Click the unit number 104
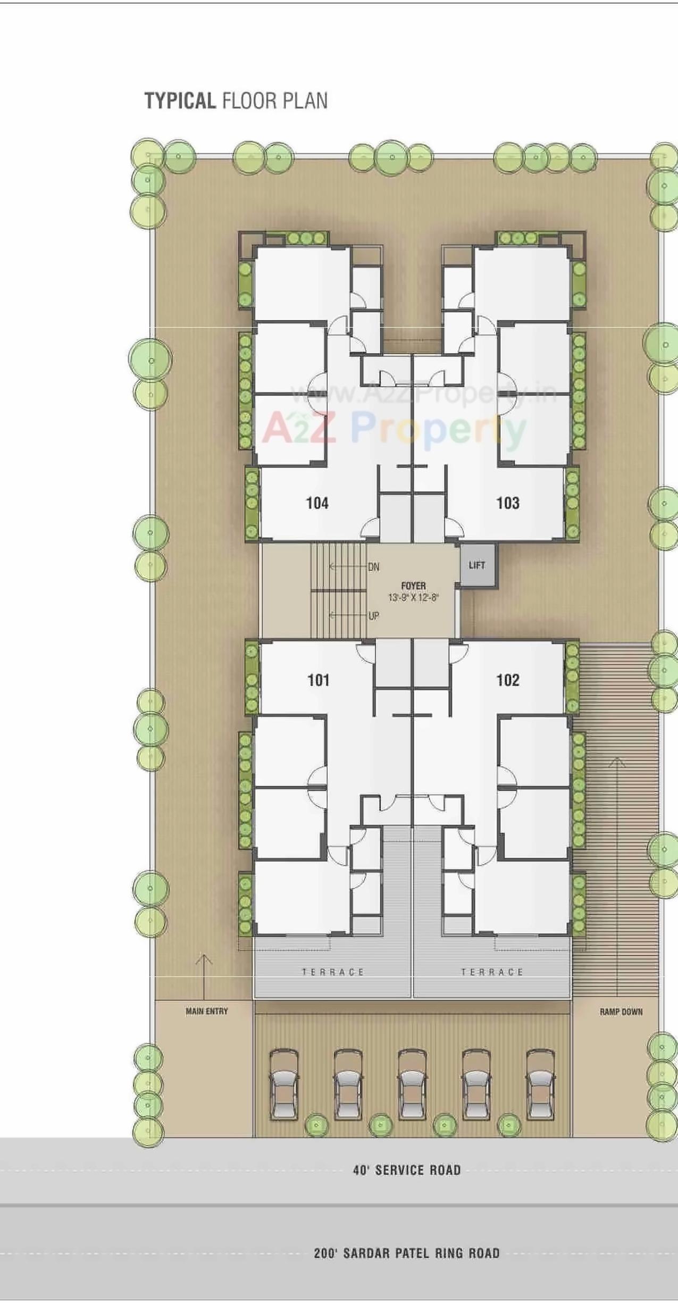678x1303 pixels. pyautogui.click(x=317, y=503)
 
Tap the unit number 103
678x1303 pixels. pyautogui.click(x=508, y=503)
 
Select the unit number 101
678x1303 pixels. pyautogui.click(x=319, y=680)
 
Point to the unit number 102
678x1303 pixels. pyautogui.click(x=508, y=680)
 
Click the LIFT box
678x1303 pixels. pyautogui.click(x=477, y=565)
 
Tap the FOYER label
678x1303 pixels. pyautogui.click(x=413, y=586)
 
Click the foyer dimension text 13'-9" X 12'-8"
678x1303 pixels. pyautogui.click(x=413, y=597)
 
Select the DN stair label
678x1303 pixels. pyautogui.click(x=374, y=567)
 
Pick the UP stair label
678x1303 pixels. pyautogui.click(x=374, y=616)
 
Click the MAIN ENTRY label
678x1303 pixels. pyautogui.click(x=207, y=1011)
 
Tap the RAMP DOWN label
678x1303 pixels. pyautogui.click(x=621, y=1012)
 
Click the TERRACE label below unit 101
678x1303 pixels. pyautogui.click(x=333, y=972)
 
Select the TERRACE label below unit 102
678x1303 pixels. pyautogui.click(x=492, y=972)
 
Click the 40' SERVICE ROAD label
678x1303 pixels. pyautogui.click(x=407, y=1170)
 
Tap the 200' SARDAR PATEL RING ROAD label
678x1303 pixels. pyautogui.click(x=407, y=1254)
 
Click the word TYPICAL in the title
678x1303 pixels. pyautogui.click(x=180, y=101)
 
